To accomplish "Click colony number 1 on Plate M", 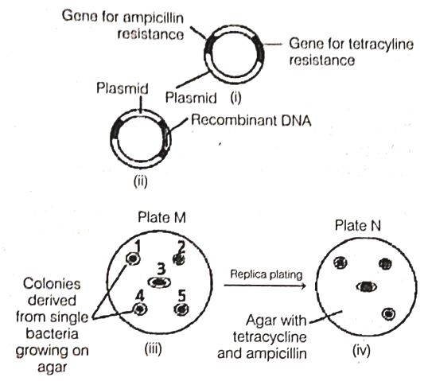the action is coord(133,259).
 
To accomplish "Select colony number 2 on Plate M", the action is coord(179,259).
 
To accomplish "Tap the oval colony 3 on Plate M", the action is coord(160,282).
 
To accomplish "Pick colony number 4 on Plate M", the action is coord(140,309).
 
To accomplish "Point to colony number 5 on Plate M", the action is coord(181,309).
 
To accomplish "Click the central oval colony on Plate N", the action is coord(367,286).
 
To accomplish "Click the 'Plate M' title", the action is coord(161,218).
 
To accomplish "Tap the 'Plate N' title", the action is coord(357,226).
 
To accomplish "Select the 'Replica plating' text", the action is coord(267,274).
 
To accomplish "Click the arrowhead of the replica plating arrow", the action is coord(303,286).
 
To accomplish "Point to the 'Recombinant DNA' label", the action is coord(251,120).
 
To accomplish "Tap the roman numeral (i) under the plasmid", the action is coord(235,97).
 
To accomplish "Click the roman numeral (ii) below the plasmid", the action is coord(140,181).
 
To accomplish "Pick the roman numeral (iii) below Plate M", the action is coord(153,349).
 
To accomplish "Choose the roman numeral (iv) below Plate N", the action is coord(361,351).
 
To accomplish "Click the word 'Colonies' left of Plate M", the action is coord(52,284).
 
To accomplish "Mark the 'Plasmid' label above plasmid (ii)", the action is coord(123,88).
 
